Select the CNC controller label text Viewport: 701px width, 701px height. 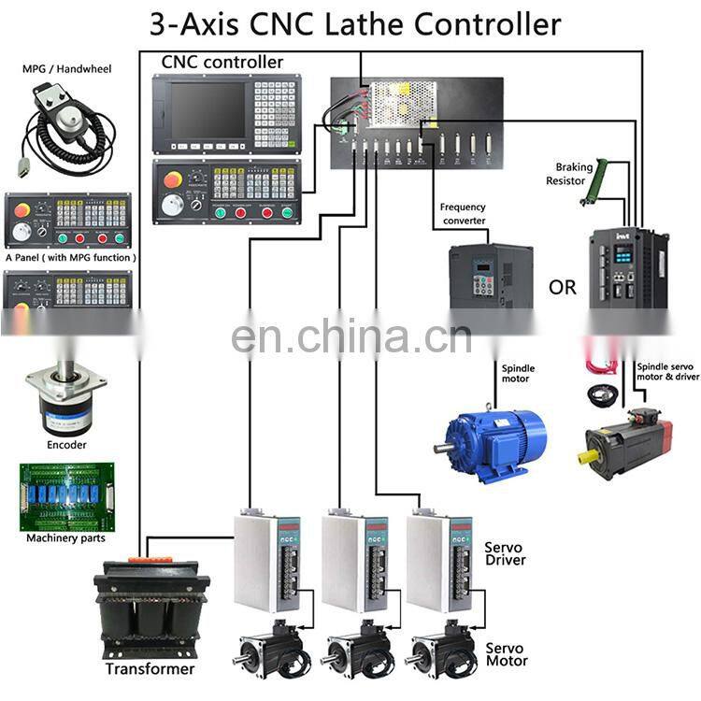pyautogui.click(x=222, y=63)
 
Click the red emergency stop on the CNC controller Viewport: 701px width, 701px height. pyautogui.click(x=173, y=179)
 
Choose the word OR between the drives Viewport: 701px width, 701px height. pyautogui.click(x=563, y=287)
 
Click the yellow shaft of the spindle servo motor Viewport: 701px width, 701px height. pyautogui.click(x=591, y=457)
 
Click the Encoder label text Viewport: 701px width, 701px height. pyautogui.click(x=66, y=445)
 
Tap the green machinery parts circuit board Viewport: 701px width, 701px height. pyautogui.click(x=66, y=494)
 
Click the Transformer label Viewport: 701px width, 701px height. pyautogui.click(x=150, y=668)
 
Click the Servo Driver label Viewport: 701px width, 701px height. pyautogui.click(x=505, y=553)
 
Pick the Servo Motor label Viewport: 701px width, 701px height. pyautogui.click(x=506, y=654)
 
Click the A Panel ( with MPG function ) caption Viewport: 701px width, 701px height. pyautogui.click(x=70, y=257)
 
